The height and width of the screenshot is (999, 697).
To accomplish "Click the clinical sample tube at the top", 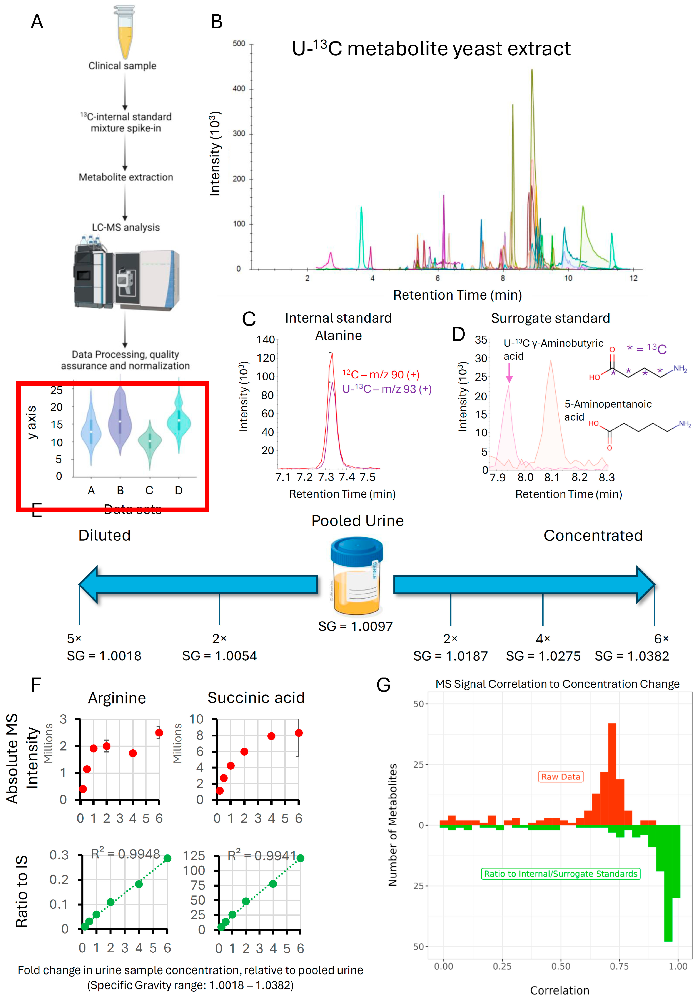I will pos(125,33).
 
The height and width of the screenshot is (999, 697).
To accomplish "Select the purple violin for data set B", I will pos(120,420).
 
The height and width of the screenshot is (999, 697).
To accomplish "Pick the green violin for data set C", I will pos(150,442).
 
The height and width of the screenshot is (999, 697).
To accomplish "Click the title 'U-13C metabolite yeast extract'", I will pos(431,49).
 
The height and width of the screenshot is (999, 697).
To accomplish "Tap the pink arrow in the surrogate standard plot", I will pos(509,373).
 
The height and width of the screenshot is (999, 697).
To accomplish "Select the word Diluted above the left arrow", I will pos(104,535).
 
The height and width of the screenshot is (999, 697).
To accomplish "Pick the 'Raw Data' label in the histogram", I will pos(560,777).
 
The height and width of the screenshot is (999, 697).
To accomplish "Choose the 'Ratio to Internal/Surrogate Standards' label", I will pos(560,874).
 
